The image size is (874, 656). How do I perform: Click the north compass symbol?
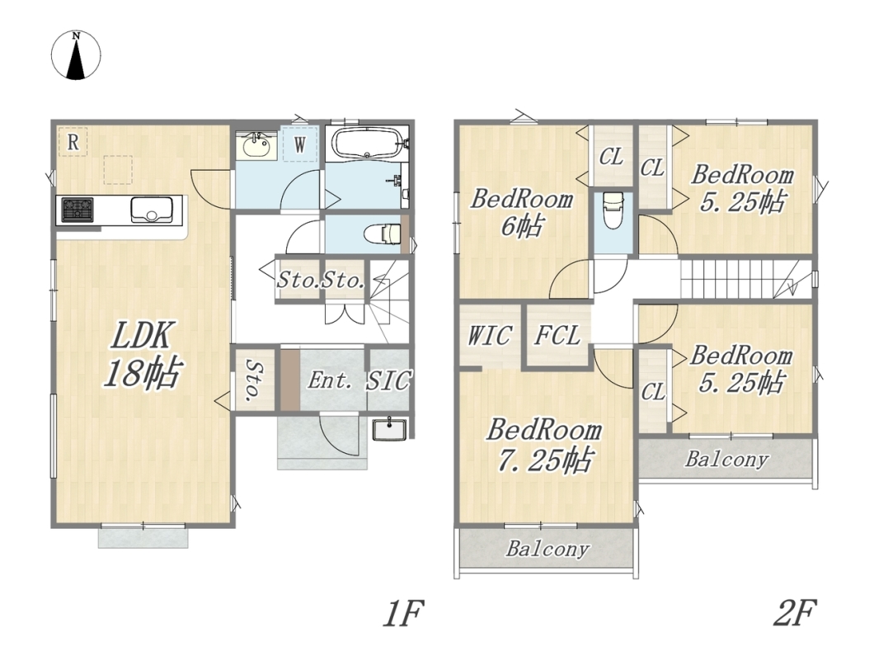77,55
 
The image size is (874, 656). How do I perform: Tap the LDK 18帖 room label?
143,354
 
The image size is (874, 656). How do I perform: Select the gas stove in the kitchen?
77,210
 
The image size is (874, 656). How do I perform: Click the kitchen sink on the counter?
151,210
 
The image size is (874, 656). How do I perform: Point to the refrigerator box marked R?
73,142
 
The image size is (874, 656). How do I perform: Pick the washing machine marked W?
300,144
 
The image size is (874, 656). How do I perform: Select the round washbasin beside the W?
257,146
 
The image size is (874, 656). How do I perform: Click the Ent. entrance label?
330,381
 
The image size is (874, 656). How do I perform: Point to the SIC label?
389,381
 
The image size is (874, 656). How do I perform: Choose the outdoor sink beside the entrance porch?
390,430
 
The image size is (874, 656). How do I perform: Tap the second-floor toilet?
613,210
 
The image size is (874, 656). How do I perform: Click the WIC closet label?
489,336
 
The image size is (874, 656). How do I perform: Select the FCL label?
557,336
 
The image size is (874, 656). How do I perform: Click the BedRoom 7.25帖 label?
544,446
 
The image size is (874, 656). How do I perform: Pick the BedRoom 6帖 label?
521,213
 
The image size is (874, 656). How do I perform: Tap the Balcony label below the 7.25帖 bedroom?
547,550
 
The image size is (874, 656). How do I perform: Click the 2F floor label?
794,612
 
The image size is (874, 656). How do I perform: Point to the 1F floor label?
403,613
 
